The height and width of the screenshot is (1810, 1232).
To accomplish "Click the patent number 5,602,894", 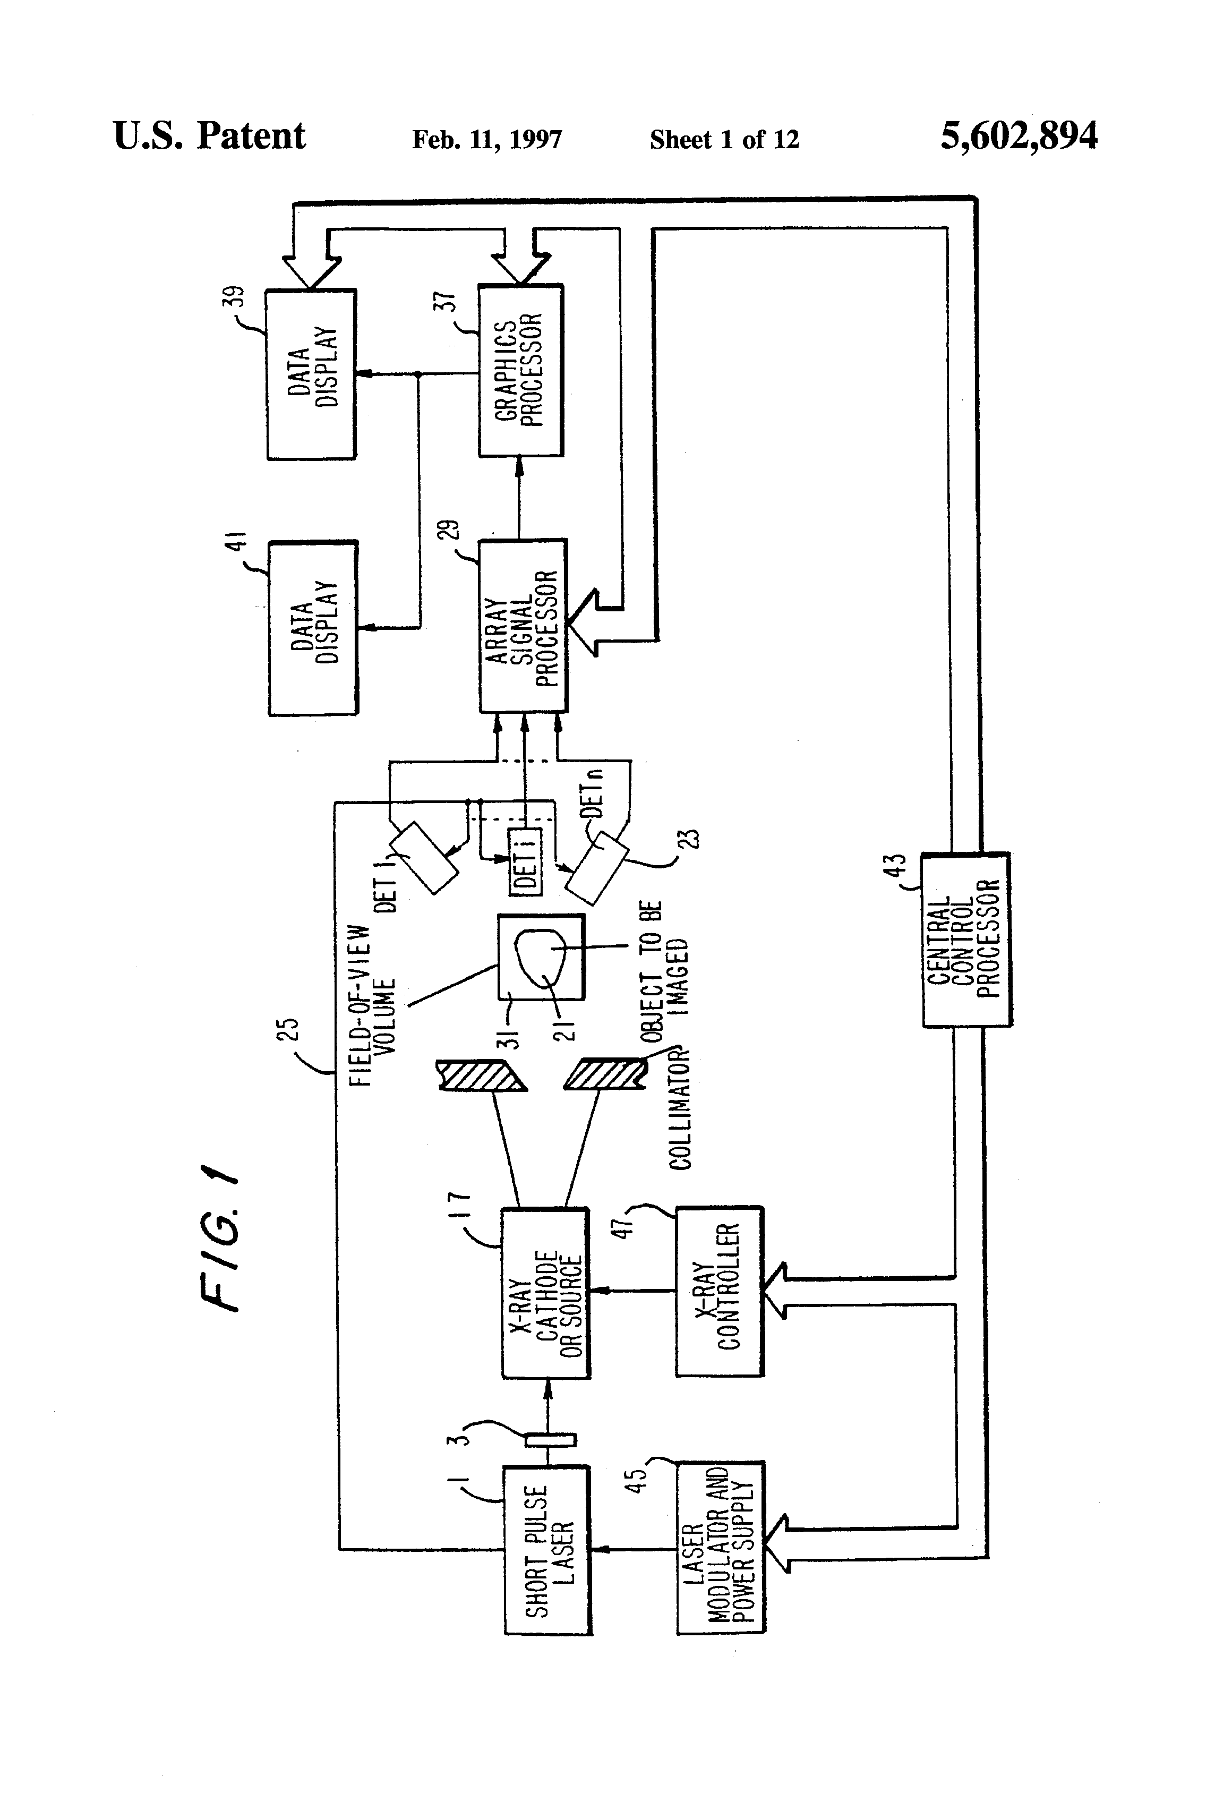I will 1019,136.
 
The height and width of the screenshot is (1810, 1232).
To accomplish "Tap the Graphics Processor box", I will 520,370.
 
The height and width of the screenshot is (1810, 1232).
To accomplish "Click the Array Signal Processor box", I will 523,626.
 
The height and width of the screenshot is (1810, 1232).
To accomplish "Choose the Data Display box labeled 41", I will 313,628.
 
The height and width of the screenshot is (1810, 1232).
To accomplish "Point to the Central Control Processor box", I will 965,940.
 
